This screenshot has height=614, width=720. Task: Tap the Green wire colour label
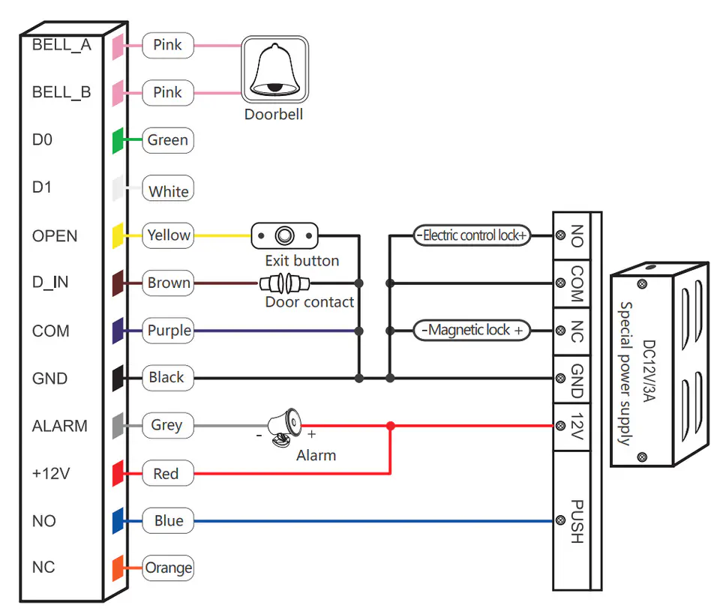167,140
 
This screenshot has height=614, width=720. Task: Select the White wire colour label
168,190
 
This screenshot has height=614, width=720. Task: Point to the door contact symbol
285,283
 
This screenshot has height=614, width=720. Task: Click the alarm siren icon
284,427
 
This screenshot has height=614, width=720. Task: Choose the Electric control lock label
472,235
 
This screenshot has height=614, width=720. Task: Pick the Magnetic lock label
472,330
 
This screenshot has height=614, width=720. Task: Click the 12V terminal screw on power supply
559,426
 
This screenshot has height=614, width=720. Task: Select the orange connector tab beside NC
118,568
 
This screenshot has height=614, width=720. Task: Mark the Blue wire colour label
168,521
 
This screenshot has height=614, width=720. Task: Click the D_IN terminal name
50,283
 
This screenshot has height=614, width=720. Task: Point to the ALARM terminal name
59,426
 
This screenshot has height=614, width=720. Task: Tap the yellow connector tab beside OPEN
118,235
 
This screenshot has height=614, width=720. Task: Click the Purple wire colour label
168,331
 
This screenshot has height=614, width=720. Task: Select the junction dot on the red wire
390,426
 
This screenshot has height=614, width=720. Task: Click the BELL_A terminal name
61,45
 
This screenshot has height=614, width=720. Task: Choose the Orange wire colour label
168,568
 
